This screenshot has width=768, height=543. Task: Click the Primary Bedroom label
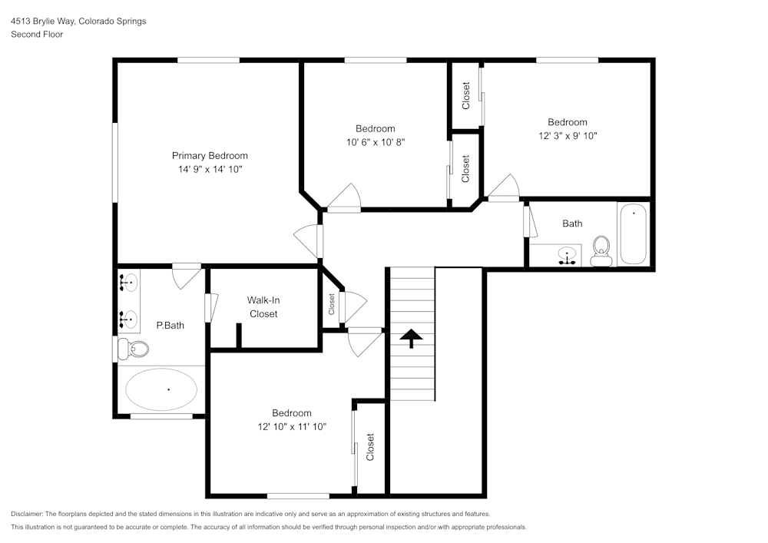click(x=210, y=156)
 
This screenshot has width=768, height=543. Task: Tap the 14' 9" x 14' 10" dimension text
click(x=210, y=170)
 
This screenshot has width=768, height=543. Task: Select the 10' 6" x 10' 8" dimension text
click(x=376, y=143)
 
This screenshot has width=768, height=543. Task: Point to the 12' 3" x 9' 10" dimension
click(x=568, y=136)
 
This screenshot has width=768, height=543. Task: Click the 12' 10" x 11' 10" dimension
click(x=292, y=427)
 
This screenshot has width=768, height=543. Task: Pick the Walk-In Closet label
click(x=263, y=307)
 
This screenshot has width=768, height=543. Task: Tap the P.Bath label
click(x=170, y=326)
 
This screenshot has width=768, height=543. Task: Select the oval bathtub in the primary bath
click(x=161, y=389)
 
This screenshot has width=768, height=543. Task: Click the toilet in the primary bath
click(x=134, y=349)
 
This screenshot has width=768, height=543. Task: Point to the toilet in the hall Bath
click(x=601, y=251)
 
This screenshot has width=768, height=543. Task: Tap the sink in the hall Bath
click(x=567, y=256)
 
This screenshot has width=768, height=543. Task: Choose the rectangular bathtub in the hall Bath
click(x=634, y=234)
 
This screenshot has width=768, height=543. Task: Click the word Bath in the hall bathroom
click(x=572, y=223)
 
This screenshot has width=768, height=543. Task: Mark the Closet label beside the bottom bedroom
click(x=370, y=447)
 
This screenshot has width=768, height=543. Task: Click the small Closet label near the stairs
click(x=332, y=305)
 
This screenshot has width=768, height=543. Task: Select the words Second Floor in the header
click(x=37, y=35)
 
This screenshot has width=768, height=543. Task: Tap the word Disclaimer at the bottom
click(x=26, y=514)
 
